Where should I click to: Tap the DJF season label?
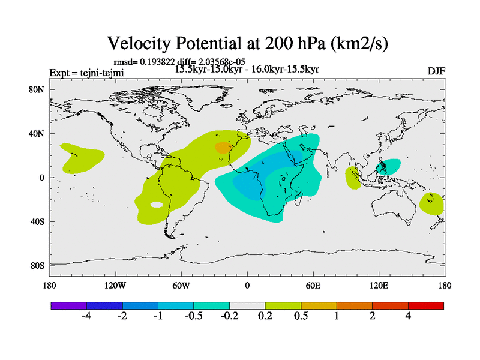[x=436, y=71]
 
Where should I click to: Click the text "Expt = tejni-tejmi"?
[x=86, y=73]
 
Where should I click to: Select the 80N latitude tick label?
[x=38, y=89]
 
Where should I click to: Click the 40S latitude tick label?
[x=38, y=221]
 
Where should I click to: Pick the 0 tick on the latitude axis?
[x=43, y=178]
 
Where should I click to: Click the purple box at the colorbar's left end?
[x=68, y=305]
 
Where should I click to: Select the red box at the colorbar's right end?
[x=425, y=305]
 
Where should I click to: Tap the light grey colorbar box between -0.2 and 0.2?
[x=247, y=305]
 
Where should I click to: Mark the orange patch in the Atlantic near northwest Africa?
[x=223, y=146]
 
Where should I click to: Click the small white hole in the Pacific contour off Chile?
[x=157, y=205]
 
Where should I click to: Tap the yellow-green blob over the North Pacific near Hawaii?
[x=82, y=157]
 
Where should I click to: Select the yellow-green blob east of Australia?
[x=431, y=204]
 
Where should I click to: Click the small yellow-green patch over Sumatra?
[x=353, y=178]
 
